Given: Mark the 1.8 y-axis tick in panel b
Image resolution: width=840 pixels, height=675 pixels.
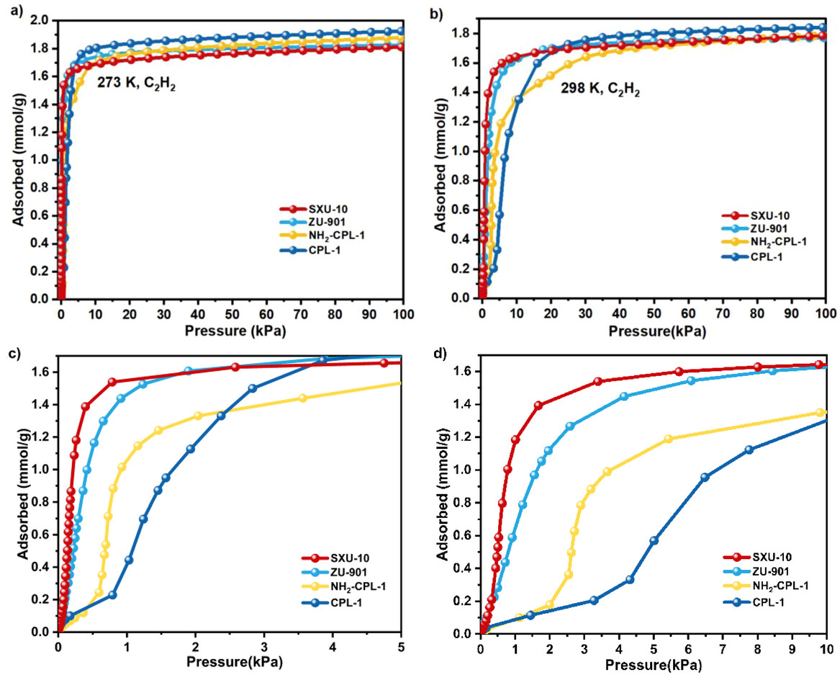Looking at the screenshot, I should [x=462, y=33].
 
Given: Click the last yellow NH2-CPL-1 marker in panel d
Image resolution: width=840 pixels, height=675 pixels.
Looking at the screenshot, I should [x=820, y=413].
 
